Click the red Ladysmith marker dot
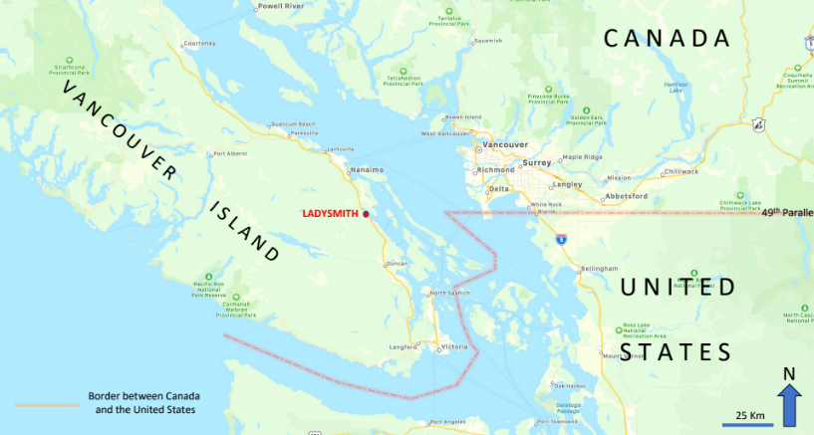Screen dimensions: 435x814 [x=366, y=214]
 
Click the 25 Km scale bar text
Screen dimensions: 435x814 [x=749, y=414]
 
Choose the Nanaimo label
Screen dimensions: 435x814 [x=367, y=170]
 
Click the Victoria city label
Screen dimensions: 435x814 [x=453, y=346]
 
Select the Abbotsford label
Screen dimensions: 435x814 [x=625, y=196]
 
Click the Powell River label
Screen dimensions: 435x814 [x=280, y=6]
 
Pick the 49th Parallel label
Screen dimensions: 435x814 [x=787, y=212]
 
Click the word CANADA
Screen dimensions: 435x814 [x=667, y=39]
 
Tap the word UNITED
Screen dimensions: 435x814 [x=678, y=288]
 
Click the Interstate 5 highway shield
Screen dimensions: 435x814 [x=562, y=240]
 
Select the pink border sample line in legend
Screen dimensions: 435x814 [x=47, y=404]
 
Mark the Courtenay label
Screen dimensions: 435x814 [x=198, y=43]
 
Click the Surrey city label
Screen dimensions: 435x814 [x=536, y=162]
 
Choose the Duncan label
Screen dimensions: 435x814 [x=397, y=264]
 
